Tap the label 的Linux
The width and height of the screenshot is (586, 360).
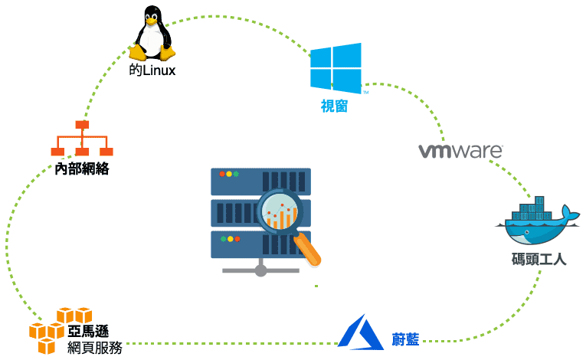click(x=152, y=71)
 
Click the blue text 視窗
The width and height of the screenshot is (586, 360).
click(x=334, y=106)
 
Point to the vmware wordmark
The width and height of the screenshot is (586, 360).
click(x=460, y=150)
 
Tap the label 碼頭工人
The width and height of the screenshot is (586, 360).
click(x=539, y=260)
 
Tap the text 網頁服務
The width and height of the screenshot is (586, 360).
click(x=94, y=349)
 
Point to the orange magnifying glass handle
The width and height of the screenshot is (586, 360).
click(x=309, y=251)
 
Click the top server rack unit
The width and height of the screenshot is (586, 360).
click(x=260, y=181)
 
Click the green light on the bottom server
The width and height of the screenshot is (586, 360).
click(x=223, y=239)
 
